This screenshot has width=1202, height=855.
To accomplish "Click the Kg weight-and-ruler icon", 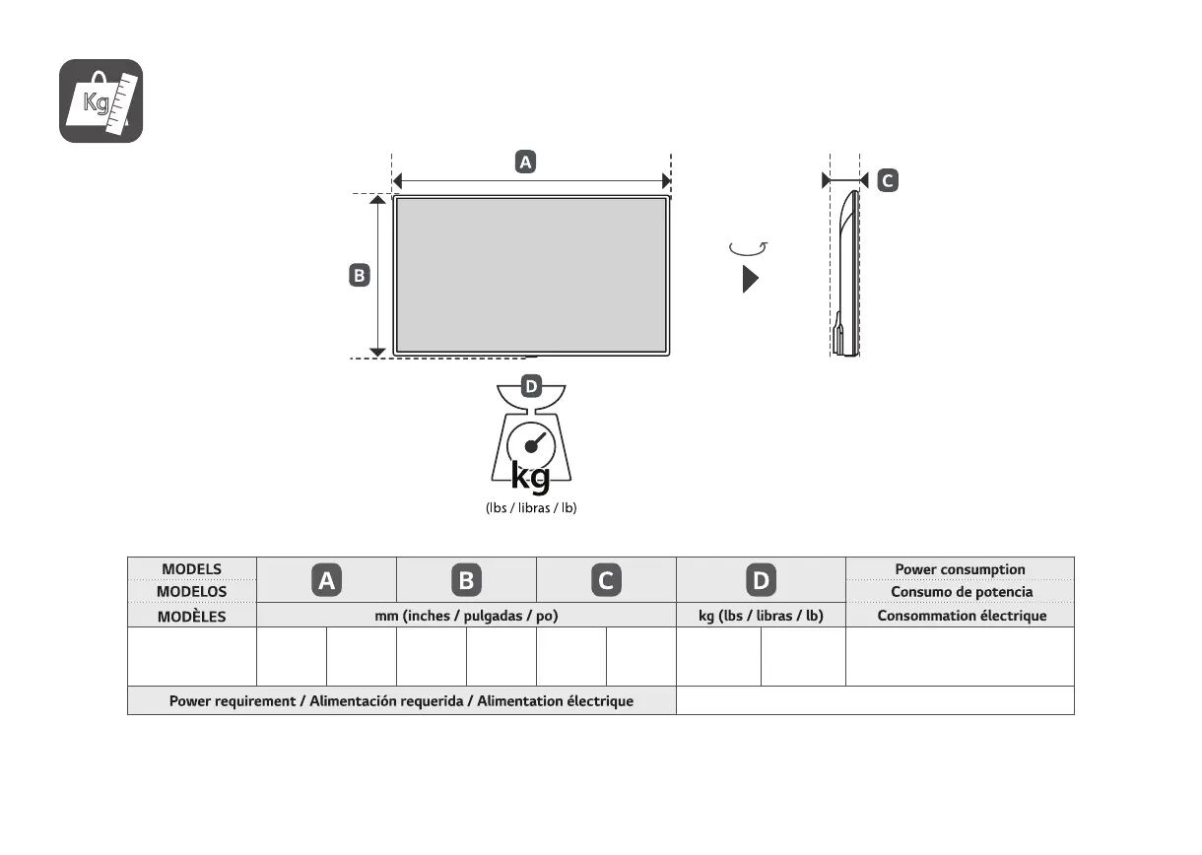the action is point(100,100).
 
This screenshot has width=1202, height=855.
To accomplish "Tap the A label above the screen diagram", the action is point(526,163).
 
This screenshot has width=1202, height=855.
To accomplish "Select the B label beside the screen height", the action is point(360,276).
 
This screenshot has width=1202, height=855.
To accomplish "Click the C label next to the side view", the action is point(887,180).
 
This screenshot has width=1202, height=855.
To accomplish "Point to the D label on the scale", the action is point(530,386).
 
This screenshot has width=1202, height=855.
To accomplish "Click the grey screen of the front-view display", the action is point(531,274).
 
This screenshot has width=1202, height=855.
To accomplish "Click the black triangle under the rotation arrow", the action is point(750,280).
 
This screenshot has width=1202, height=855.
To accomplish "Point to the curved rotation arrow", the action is point(748,248).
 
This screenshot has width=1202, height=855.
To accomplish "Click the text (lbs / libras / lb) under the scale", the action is point(530,508).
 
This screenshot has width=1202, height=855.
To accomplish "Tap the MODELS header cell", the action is point(191,569).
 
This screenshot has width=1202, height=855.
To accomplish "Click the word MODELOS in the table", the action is point(191,592).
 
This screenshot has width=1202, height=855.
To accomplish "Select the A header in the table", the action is point(326,581).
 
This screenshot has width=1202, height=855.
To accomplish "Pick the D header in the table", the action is point(760,581).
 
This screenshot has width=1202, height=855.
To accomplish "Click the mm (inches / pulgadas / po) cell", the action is point(466,616).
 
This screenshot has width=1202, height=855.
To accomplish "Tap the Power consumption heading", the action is point(960,569).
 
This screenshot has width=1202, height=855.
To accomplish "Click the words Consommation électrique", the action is point(960,616).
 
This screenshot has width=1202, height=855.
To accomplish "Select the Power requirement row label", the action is point(401,701).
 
